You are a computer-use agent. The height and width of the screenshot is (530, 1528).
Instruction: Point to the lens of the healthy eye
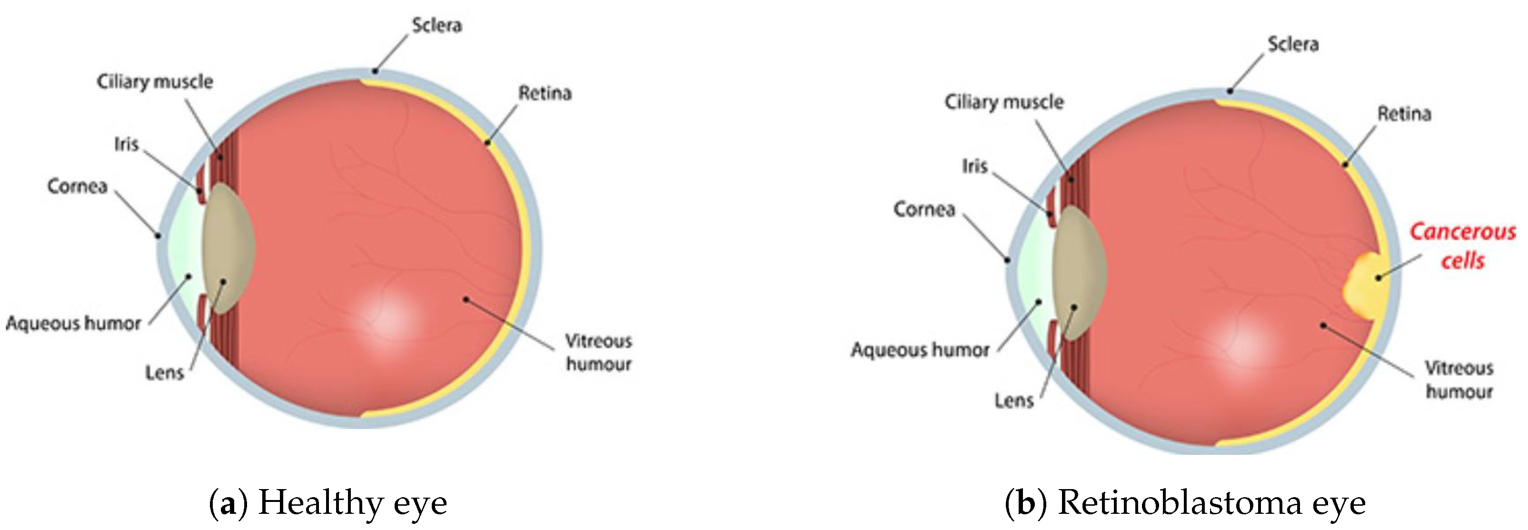click(228, 248)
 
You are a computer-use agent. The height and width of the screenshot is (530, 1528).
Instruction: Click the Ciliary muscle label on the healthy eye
click(155, 82)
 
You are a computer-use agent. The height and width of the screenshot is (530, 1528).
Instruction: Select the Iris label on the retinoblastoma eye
click(974, 167)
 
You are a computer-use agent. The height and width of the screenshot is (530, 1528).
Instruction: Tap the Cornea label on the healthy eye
click(77, 187)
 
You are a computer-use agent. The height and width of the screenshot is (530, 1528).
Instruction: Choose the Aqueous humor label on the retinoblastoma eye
click(920, 350)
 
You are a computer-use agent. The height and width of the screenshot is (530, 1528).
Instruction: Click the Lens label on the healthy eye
click(164, 373)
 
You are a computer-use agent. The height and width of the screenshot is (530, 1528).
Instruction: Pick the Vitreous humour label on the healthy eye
click(598, 353)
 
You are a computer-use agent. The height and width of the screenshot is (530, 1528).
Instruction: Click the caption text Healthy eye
click(352, 503)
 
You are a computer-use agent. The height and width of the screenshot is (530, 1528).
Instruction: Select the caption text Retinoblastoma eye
click(1211, 503)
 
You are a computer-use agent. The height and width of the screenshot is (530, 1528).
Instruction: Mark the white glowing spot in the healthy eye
click(386, 317)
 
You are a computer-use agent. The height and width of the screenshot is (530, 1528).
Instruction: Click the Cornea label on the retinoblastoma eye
click(924, 210)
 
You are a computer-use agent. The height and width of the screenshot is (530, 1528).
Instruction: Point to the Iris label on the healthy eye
click(126, 145)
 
